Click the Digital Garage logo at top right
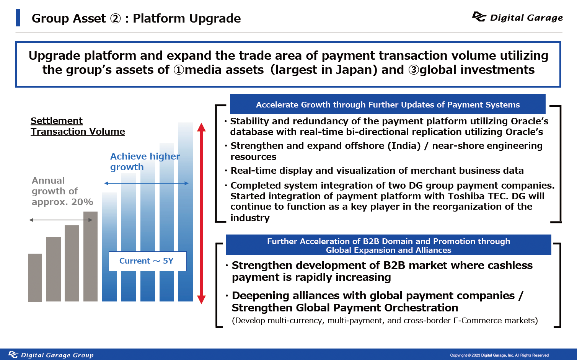tap(517, 17)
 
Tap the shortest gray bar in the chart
tap(35, 278)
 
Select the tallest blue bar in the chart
tap(186, 212)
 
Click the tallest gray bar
tap(90, 256)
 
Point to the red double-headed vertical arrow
tap(201, 213)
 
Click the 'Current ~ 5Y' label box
tap(148, 261)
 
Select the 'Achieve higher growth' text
tap(145, 162)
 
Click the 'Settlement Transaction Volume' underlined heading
tap(78, 126)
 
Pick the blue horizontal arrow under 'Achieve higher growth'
tap(147, 183)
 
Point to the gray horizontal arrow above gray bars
tap(61, 220)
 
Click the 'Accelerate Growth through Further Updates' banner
tap(388, 104)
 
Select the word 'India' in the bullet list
tap(404, 146)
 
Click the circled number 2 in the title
tap(116, 18)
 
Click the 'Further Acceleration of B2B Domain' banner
tap(388, 245)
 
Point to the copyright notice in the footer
tap(499, 355)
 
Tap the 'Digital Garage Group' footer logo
tap(51, 355)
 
